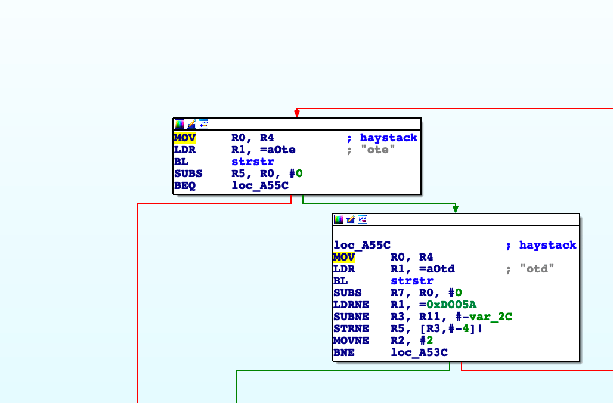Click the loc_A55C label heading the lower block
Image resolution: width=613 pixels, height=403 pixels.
coord(362,245)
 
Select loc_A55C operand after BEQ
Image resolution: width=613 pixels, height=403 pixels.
coord(260,185)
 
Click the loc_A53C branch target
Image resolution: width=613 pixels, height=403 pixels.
coord(419,352)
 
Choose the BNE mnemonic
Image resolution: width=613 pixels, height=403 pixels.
coord(344,352)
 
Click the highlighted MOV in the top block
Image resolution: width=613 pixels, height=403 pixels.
coord(185,138)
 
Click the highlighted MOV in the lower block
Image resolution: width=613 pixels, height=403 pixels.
coord(344,257)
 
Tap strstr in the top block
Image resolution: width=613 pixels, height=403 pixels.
coord(253,162)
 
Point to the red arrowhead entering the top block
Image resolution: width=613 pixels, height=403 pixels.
coord(297,113)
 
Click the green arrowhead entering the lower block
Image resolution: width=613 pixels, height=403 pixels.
coord(456,209)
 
